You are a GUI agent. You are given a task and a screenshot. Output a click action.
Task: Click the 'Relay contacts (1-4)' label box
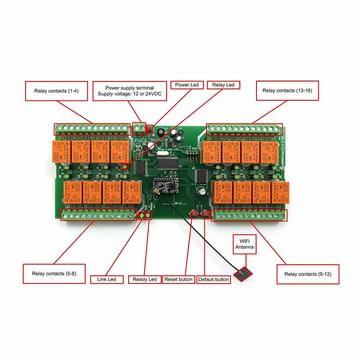click(56, 91)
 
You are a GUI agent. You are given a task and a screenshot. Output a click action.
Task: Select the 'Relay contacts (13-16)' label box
click(287, 90)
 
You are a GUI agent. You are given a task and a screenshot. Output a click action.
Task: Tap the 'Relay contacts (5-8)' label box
click(54, 274)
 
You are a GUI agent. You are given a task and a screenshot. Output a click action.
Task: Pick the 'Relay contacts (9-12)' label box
click(308, 274)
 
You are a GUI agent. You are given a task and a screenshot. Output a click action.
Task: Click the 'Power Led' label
click(187, 85)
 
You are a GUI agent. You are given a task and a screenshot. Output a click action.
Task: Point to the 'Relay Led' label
click(224, 85)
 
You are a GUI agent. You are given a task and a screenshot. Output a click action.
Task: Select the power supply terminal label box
click(130, 91)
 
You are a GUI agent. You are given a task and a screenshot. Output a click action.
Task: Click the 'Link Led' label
click(107, 279)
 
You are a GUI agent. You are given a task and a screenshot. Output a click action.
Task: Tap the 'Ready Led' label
click(145, 279)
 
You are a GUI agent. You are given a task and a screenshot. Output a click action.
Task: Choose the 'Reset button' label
click(179, 279)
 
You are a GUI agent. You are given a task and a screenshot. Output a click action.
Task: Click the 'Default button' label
click(214, 279)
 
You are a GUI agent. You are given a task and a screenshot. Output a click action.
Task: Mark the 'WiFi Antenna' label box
click(245, 245)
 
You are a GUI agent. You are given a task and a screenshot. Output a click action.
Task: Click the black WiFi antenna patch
click(243, 274)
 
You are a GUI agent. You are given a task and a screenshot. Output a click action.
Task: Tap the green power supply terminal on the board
click(139, 127)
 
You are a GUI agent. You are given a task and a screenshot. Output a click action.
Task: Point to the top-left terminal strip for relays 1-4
click(92, 129)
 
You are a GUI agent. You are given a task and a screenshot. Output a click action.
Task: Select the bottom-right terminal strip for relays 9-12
click(249, 215)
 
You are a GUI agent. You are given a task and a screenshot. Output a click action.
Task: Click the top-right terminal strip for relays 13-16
click(244, 129)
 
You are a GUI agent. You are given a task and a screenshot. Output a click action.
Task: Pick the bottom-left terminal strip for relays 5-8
click(98, 215)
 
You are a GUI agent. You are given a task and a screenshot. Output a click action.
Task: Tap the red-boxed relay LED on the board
click(124, 166)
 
